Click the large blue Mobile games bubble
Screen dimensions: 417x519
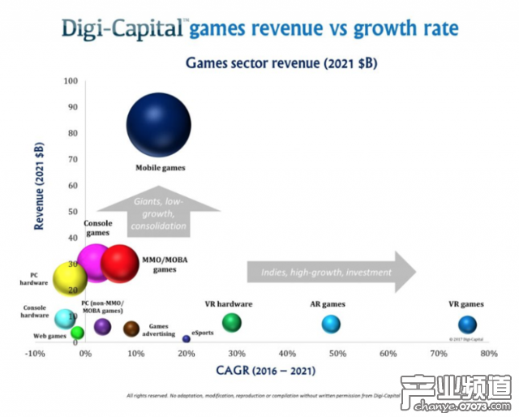point(159,124)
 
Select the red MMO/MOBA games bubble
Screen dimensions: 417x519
point(124,263)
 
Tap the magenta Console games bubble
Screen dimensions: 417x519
point(96,262)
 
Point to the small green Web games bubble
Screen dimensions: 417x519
point(77,333)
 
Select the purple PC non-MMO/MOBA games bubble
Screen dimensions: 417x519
point(102,326)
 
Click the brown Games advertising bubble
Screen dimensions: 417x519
point(131,328)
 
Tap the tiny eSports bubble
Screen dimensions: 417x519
point(186,338)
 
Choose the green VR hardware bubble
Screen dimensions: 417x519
point(232,322)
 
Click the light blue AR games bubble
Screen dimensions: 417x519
point(330,324)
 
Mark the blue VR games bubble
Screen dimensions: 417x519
point(466,325)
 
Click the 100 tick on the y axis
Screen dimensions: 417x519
point(70,81)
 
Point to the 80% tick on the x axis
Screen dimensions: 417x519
point(487,354)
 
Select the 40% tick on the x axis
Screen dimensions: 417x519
point(286,354)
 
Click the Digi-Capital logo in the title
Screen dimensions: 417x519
point(122,29)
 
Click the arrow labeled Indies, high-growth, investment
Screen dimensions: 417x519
point(324,272)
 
